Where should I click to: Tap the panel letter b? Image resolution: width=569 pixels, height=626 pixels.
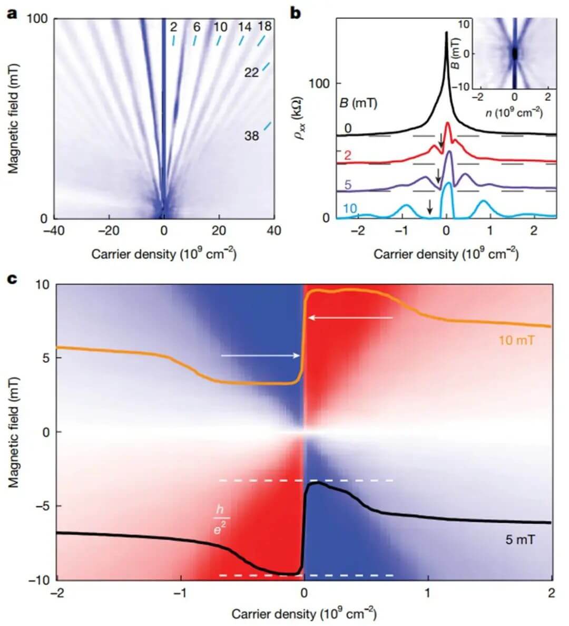tap(296, 13)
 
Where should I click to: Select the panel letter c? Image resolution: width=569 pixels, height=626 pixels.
tap(12, 278)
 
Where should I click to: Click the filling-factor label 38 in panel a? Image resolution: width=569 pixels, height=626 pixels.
tap(251, 136)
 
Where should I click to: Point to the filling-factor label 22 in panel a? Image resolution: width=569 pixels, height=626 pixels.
tap(251, 72)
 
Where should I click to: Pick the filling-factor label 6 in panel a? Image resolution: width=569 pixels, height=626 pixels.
tap(197, 26)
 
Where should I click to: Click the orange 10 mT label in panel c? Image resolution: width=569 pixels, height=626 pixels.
tap(517, 341)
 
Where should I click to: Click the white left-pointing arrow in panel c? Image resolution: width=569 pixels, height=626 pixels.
tap(350, 317)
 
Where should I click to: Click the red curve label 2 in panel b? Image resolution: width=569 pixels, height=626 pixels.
tap(347, 155)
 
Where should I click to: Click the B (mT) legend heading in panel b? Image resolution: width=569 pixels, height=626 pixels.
tap(358, 103)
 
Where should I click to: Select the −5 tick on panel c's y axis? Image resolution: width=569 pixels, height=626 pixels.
tap(43, 506)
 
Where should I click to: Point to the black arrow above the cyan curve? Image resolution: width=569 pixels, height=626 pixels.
tap(429, 206)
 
